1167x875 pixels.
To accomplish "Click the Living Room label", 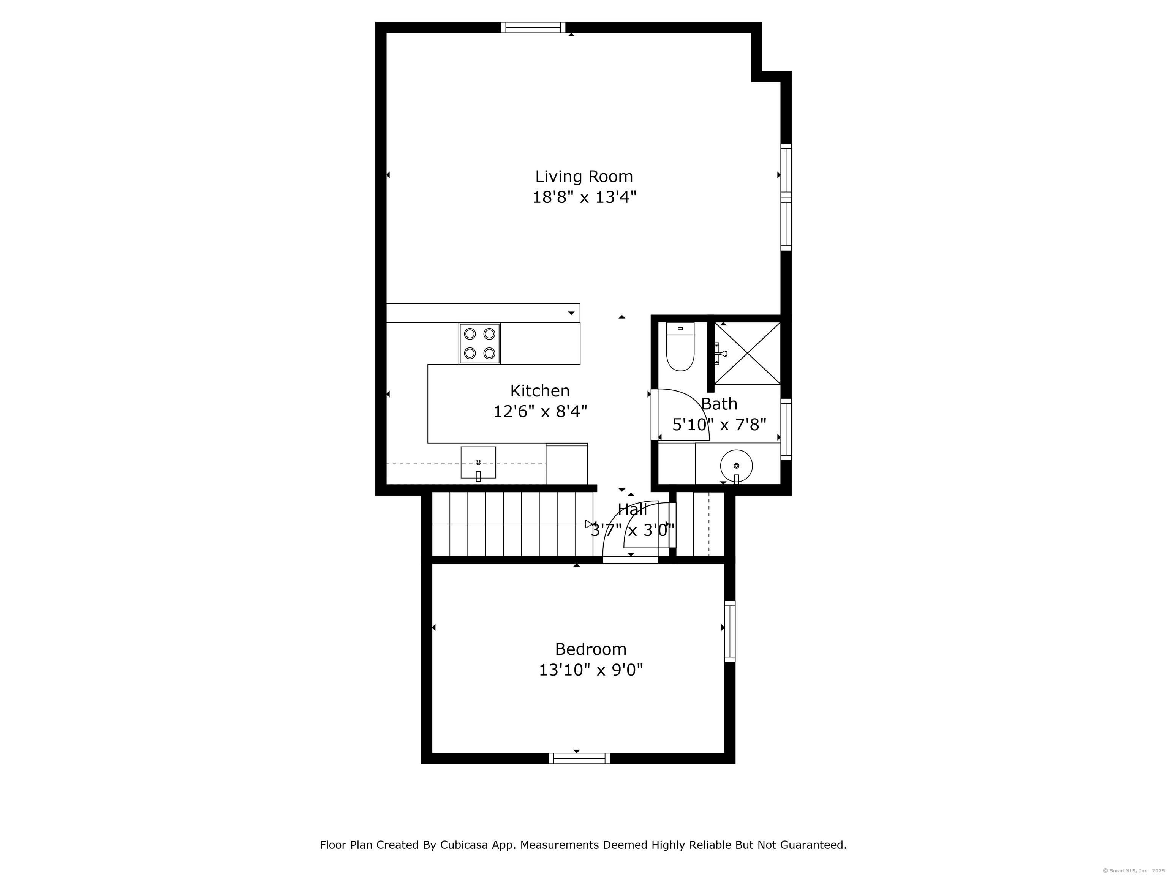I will (583, 176).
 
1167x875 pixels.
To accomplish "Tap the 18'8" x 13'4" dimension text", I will (584, 197).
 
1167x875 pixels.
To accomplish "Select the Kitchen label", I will (540, 391).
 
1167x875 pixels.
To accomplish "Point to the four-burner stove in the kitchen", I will (479, 344).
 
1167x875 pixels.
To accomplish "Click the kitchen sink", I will (478, 463).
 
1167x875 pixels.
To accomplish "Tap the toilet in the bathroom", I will (680, 348).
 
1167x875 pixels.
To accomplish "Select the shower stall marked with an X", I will (746, 353).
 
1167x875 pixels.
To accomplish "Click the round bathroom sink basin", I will (736, 466).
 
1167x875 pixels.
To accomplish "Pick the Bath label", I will (719, 404).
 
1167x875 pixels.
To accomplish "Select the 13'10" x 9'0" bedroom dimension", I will (590, 670).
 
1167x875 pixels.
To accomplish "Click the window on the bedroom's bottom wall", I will (579, 758).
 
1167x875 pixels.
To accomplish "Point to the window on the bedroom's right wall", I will (730, 631).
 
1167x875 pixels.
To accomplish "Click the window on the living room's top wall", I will (533, 27).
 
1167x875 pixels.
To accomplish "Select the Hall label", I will (632, 510).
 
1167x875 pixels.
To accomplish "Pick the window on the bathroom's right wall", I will (786, 429).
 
